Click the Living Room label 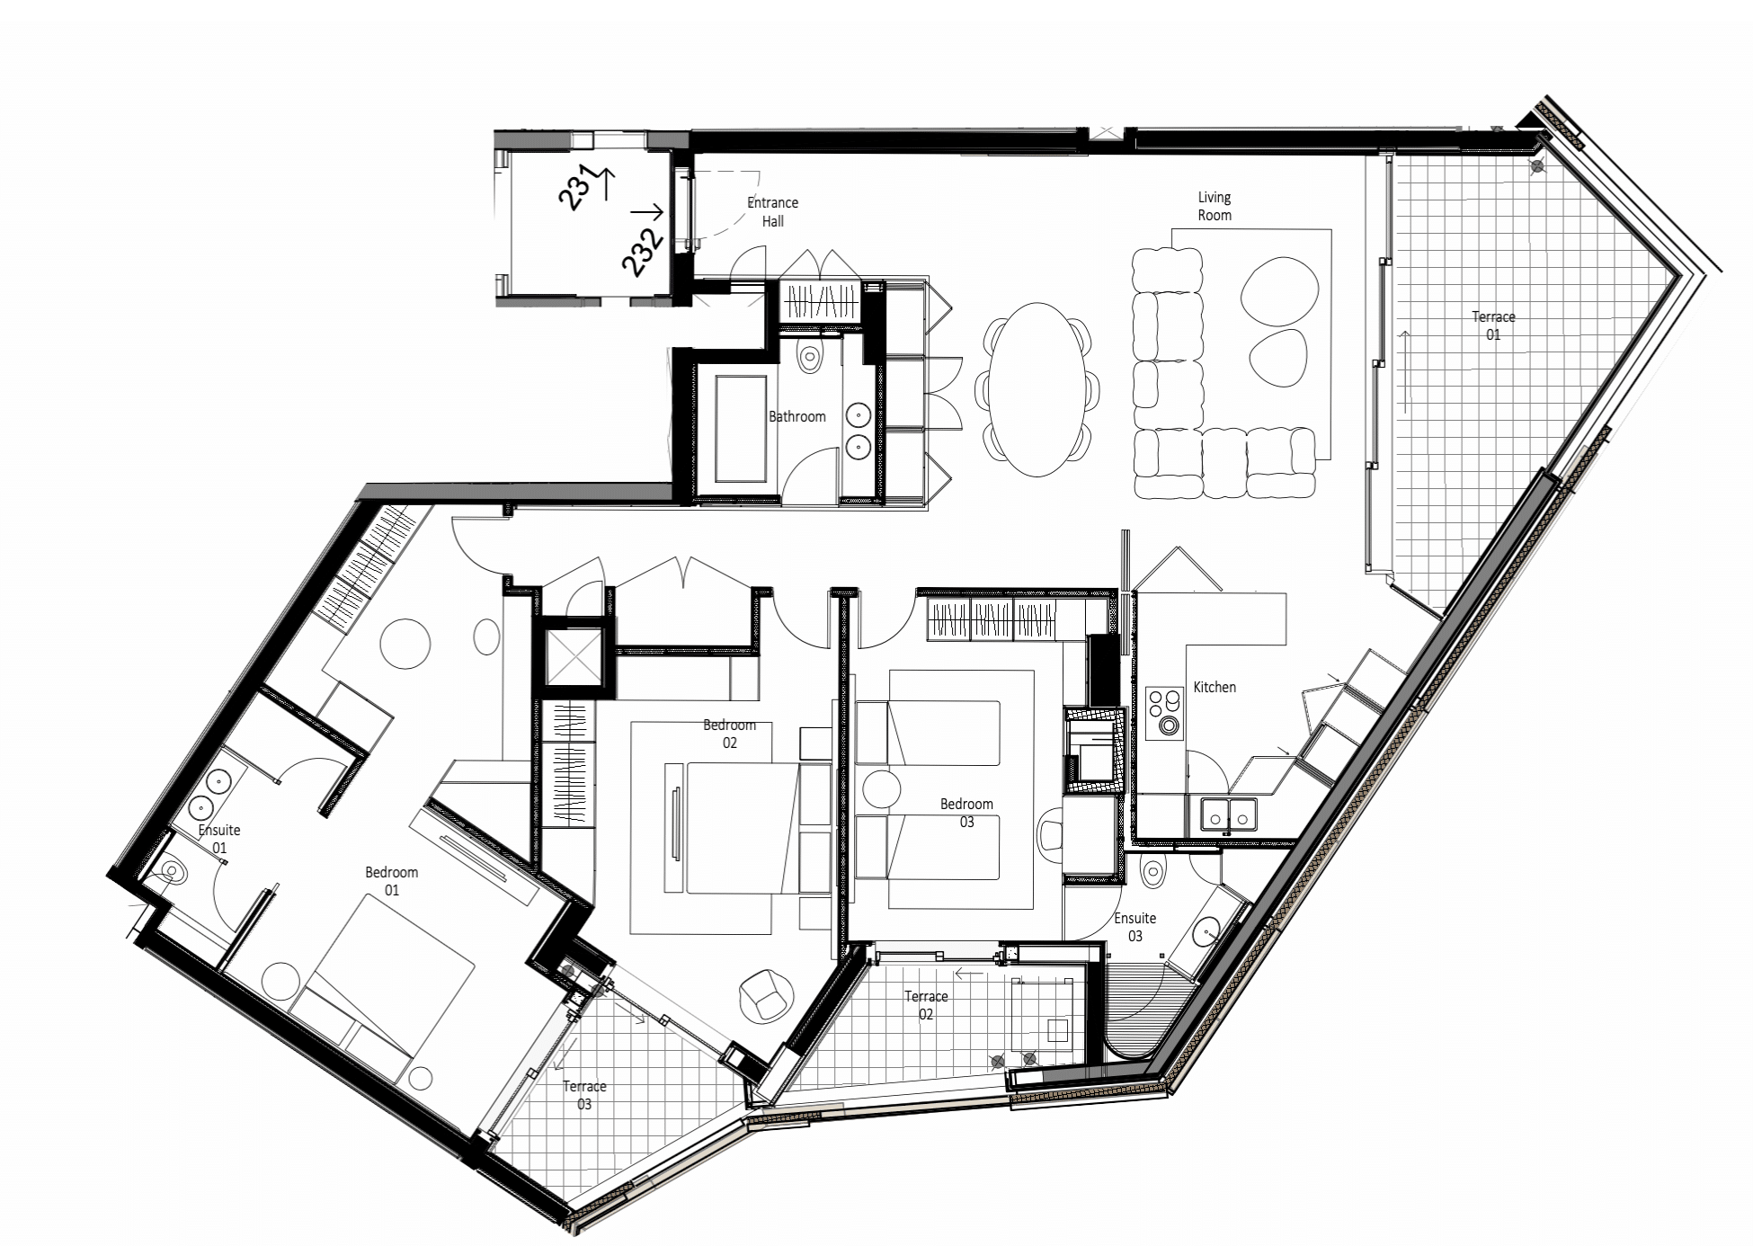tap(1215, 206)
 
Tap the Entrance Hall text tap(773, 212)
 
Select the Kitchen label tap(1215, 687)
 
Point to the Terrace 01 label tap(1493, 325)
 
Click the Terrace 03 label tap(584, 1095)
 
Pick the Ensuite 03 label tap(1135, 927)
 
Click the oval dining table tap(1037, 389)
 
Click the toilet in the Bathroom tap(811, 355)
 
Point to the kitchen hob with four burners tap(1165, 713)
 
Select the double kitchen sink tap(1229, 814)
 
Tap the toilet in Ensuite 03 tap(1153, 868)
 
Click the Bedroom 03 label tap(966, 813)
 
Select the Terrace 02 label tap(926, 1005)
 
